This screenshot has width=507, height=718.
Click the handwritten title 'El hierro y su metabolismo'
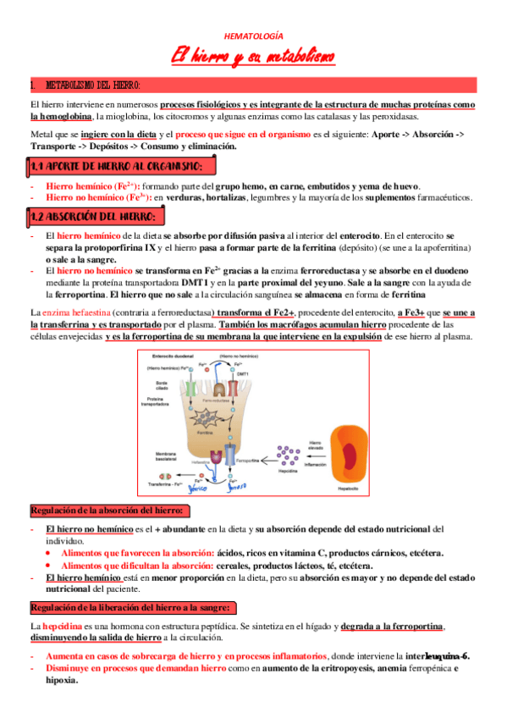point(253,58)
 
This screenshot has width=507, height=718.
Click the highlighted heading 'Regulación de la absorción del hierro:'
point(110,511)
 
